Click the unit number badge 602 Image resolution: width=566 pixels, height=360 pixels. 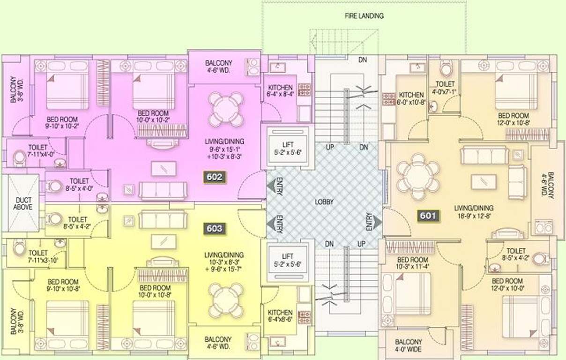click(214, 177)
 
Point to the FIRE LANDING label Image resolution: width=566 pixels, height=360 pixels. click(365, 16)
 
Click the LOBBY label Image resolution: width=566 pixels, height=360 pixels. click(324, 202)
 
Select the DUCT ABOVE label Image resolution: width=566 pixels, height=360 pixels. click(22, 203)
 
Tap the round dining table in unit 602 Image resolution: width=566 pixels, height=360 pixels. click(225, 108)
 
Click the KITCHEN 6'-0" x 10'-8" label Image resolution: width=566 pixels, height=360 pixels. click(411, 98)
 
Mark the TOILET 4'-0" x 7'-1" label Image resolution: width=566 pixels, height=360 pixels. click(445, 88)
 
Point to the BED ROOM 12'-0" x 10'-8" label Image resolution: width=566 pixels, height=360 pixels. click(514, 119)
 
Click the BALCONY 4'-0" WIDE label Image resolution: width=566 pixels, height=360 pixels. click(408, 346)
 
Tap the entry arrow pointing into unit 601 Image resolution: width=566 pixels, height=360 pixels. click(376, 222)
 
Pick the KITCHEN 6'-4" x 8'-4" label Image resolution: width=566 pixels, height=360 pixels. click(280, 91)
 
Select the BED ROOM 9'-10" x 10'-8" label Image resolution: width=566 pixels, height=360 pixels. click(63, 285)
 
